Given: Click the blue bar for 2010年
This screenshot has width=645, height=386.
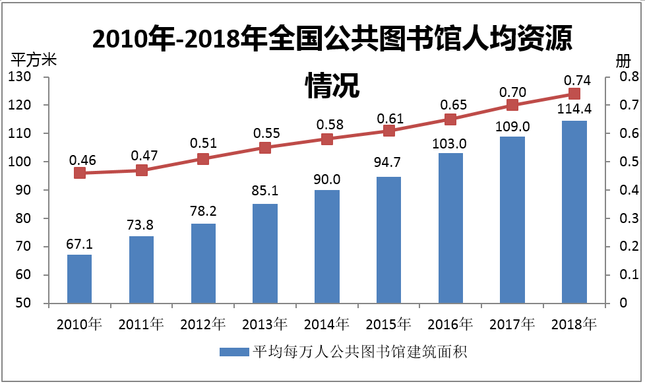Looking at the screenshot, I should coord(79,278).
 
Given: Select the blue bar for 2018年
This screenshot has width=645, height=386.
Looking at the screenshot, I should coord(574,212).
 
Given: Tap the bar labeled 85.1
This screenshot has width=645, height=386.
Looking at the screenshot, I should coord(265,253).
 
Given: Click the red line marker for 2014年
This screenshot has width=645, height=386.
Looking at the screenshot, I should coord(327,139).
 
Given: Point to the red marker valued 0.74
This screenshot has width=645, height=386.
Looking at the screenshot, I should coord(574,94).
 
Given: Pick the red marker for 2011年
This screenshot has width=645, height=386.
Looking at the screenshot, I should coord(141,170).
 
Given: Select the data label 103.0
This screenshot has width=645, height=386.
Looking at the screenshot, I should coord(450,144).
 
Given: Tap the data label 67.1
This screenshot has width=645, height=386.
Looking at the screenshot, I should coord(79,245).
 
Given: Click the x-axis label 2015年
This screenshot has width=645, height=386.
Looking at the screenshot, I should coord(388,324).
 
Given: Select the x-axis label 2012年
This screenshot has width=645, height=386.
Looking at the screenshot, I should coord(202,324).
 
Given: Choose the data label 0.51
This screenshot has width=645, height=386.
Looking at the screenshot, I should coord(204,143).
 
